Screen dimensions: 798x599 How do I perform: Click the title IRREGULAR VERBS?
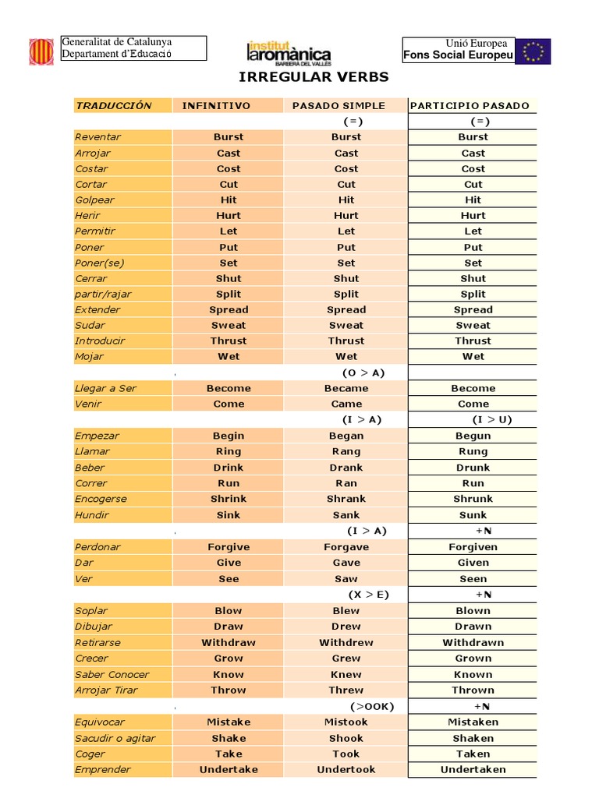[x=312, y=77]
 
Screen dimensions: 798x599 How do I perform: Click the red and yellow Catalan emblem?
[x=42, y=51]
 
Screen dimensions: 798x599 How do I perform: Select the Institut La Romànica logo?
[x=289, y=52]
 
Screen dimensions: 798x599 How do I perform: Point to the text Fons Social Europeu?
[x=458, y=55]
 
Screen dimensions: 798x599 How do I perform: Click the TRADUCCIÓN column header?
[x=114, y=105]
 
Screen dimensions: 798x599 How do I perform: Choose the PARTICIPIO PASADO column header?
[x=470, y=105]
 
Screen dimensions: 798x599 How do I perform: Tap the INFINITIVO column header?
[x=217, y=105]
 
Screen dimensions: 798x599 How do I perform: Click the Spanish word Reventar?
[x=98, y=137]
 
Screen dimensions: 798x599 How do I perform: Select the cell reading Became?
[x=346, y=388]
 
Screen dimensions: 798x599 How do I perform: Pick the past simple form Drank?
[x=346, y=468]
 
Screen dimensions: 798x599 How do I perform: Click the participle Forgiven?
[x=473, y=547]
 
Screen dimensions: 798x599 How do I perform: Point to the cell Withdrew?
[x=346, y=643]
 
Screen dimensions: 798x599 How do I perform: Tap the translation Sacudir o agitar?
[x=115, y=738]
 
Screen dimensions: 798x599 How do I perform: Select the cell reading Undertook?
[x=346, y=769]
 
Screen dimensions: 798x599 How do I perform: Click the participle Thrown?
[x=473, y=690]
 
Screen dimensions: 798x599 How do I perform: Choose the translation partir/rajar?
[x=104, y=294]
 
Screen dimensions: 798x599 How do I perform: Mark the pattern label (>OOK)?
[x=372, y=706]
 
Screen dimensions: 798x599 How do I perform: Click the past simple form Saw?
[x=346, y=579]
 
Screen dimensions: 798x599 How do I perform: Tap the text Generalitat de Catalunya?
[x=117, y=41]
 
